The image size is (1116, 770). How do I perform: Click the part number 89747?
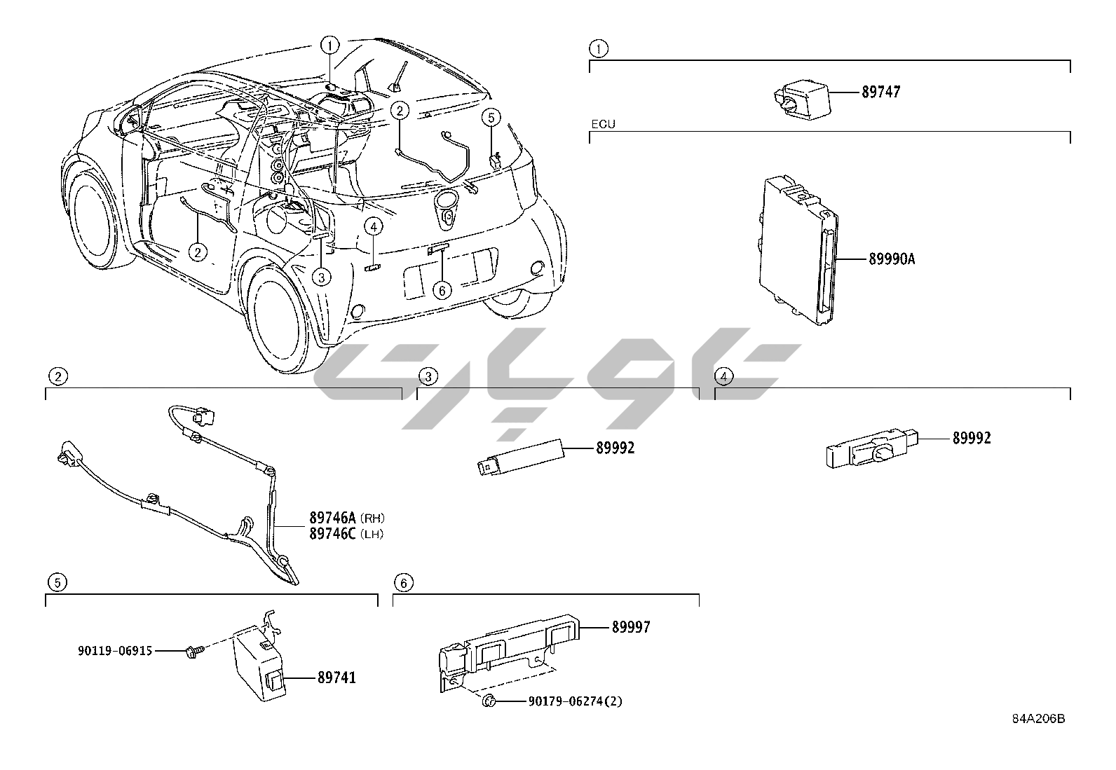point(881,92)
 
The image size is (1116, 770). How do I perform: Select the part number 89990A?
point(892,259)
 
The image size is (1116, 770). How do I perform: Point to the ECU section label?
point(602,124)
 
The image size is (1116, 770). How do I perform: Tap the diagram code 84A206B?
point(1037,719)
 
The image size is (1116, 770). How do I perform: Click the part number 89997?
point(631,627)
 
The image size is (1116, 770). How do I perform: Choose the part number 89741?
point(336,678)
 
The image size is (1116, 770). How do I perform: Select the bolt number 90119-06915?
point(115,651)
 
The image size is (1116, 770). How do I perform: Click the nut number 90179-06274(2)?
point(574,701)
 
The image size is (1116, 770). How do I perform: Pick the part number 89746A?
point(333,518)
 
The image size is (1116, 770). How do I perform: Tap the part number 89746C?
point(333,534)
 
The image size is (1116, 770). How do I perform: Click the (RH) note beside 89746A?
point(373,518)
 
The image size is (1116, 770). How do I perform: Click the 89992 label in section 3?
point(615,448)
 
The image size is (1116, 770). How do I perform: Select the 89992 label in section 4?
point(972,439)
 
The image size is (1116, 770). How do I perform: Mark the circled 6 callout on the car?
point(442,289)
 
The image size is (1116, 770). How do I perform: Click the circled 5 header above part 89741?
point(57,582)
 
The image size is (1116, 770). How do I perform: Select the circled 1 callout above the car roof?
point(329,46)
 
